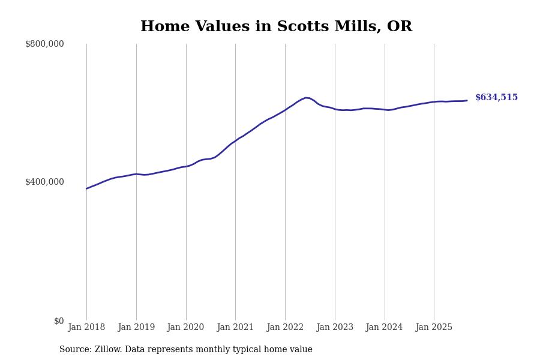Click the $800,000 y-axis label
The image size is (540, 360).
(x=44, y=44)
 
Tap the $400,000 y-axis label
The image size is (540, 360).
(x=44, y=182)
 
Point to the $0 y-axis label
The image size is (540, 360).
(x=59, y=321)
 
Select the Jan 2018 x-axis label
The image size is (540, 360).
(x=86, y=328)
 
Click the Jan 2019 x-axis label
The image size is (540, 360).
(x=136, y=328)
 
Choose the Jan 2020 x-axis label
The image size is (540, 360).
(x=186, y=328)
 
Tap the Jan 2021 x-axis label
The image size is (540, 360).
(x=235, y=328)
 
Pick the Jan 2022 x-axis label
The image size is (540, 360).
(x=285, y=328)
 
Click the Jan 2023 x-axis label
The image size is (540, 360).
(x=335, y=328)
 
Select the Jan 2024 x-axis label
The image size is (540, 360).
(x=385, y=328)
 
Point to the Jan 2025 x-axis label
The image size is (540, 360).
(x=434, y=328)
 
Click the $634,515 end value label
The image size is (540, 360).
(x=496, y=98)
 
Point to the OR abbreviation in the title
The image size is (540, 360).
(x=400, y=27)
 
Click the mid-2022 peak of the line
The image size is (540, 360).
(x=306, y=98)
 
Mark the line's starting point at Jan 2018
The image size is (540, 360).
(x=86, y=188)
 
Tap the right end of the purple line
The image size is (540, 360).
(x=467, y=101)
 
